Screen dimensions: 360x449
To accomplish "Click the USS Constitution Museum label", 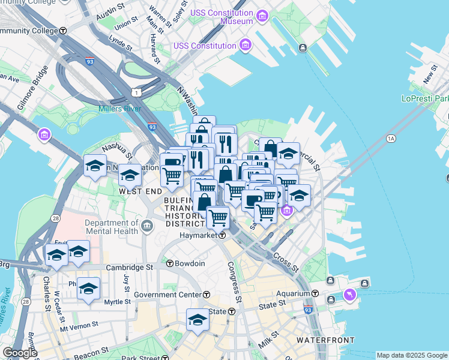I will pos(221,17).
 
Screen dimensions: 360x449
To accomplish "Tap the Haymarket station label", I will pos(199,236).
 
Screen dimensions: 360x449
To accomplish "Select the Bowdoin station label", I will pos(190,263).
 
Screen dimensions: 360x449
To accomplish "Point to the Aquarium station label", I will pos(294,293).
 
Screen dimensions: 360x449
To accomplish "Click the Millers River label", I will pos(120,109).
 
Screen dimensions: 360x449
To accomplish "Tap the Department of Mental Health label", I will pos(112,227).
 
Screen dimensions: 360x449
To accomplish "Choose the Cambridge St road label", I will pos(129,268).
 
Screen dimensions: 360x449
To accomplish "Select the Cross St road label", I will pos(286,262).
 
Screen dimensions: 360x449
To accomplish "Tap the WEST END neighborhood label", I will pos(140,191).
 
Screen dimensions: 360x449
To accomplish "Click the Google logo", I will pos(20,353).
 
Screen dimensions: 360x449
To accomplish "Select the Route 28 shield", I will pos(55,219).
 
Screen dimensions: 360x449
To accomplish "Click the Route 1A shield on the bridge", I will pos(391,139).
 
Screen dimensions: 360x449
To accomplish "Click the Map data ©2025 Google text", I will pos(412,355).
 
